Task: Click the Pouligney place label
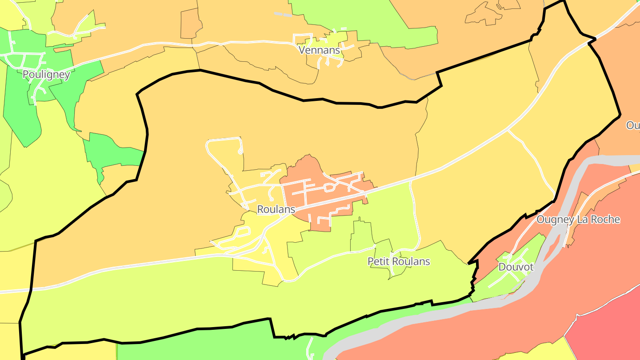coord(46,74)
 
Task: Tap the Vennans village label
coord(320,50)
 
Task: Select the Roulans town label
coord(276,209)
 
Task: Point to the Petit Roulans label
coord(399,261)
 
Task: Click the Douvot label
coord(516,267)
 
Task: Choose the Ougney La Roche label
coord(578,219)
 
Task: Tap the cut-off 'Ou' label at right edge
coord(633,125)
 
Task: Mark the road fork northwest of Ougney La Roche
coord(508,131)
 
